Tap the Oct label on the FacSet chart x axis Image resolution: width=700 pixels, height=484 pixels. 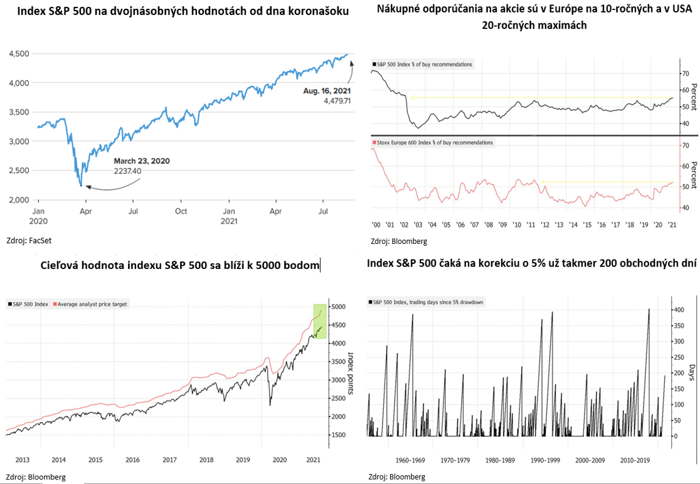[x=181, y=212]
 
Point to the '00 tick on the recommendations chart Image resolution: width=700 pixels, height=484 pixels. [x=376, y=224]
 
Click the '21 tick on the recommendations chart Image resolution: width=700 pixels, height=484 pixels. [x=672, y=224]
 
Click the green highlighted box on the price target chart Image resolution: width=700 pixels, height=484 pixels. [x=319, y=321]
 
